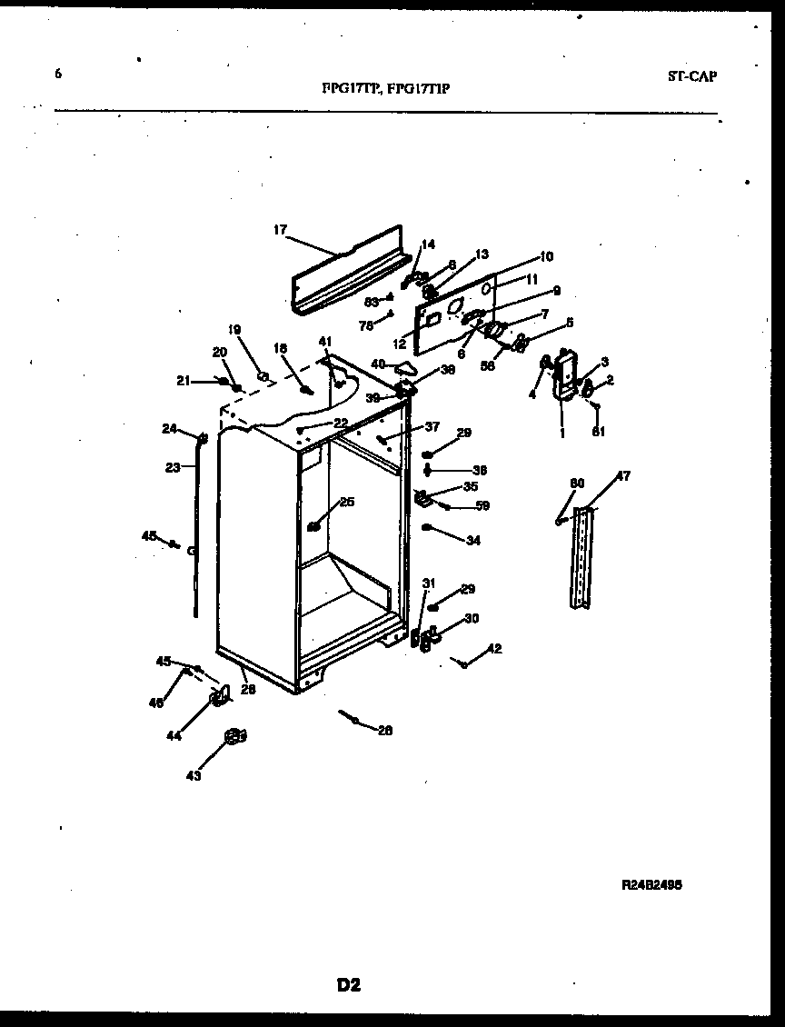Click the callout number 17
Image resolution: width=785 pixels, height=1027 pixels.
tap(280, 230)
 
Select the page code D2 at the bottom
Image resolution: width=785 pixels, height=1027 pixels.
tap(349, 985)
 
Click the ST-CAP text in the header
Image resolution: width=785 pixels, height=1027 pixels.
tap(691, 76)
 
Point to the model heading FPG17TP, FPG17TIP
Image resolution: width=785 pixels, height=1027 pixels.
tap(385, 88)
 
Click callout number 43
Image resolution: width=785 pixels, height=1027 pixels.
tap(194, 775)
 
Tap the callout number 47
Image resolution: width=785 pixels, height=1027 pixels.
tap(623, 476)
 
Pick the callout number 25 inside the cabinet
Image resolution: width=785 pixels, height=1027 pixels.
tap(347, 502)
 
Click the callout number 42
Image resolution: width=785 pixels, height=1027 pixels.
tap(494, 649)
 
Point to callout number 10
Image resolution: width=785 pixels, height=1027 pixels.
tap(546, 257)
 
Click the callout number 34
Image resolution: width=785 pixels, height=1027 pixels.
tap(472, 541)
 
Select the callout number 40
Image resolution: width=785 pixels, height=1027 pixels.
tap(378, 364)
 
